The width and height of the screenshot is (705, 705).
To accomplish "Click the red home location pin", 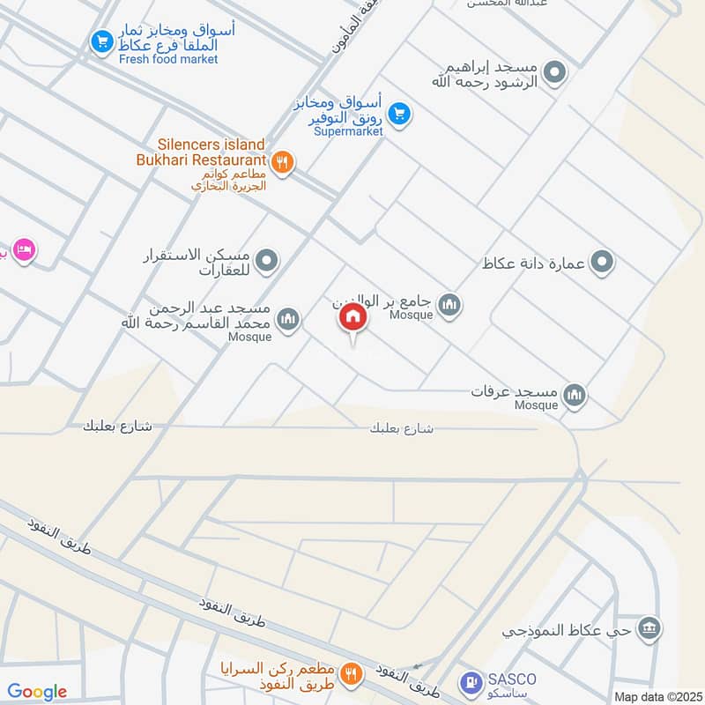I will [352, 318].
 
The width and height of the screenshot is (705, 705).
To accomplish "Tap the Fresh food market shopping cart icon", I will [103, 41].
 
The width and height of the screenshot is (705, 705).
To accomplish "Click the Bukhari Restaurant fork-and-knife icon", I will [283, 161].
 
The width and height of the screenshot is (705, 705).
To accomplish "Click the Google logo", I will [37, 692].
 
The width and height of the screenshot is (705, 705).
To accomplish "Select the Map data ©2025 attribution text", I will [657, 696].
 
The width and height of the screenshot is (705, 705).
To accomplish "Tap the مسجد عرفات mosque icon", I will [575, 395].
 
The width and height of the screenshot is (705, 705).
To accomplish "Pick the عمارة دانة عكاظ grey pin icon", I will [602, 262].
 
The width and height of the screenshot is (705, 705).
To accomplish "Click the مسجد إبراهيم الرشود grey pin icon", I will [554, 72].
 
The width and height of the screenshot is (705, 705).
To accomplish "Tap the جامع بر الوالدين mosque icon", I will [451, 305].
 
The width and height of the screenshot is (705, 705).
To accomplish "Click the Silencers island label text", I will [211, 144].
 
